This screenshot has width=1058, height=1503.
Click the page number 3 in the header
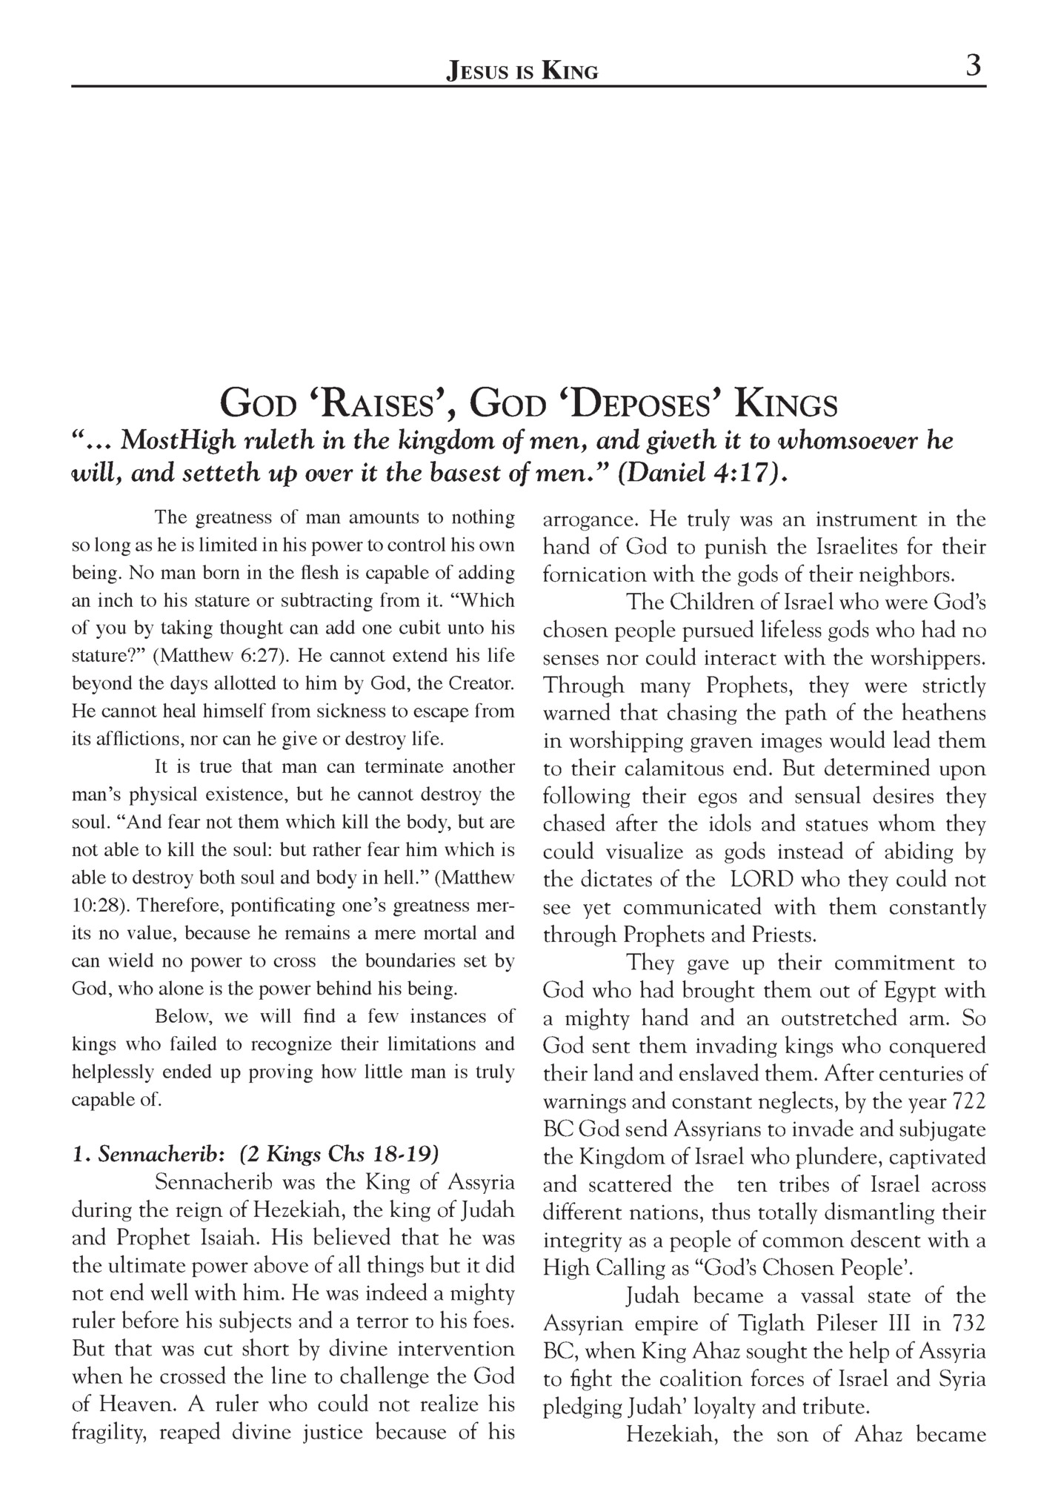click(974, 67)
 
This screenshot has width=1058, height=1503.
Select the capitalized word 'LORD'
click(762, 880)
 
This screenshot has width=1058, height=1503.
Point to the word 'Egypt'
click(916, 991)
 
